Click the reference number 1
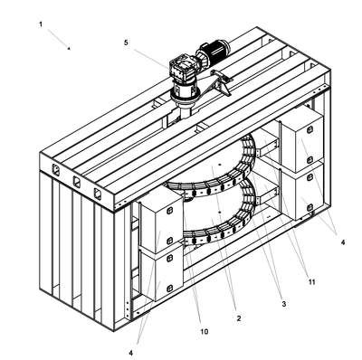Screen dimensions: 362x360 [41, 24]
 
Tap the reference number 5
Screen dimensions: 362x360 [126, 43]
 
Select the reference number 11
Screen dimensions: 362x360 [311, 282]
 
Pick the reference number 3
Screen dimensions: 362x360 [283, 304]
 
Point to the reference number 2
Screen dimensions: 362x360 [239, 318]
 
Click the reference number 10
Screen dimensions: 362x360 [205, 332]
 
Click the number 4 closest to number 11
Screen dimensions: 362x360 [343, 242]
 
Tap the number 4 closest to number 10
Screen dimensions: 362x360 [130, 353]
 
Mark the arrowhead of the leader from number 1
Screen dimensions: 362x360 [69, 48]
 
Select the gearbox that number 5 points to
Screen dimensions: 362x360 [182, 70]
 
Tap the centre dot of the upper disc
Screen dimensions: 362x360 [220, 165]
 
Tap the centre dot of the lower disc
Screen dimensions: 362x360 [219, 213]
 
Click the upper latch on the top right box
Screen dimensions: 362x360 [310, 130]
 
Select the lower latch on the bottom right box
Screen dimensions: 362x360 [310, 207]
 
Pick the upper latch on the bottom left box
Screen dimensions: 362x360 [169, 258]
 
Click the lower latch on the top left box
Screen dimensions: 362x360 [169, 241]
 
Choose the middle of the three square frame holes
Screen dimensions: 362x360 [77, 182]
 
